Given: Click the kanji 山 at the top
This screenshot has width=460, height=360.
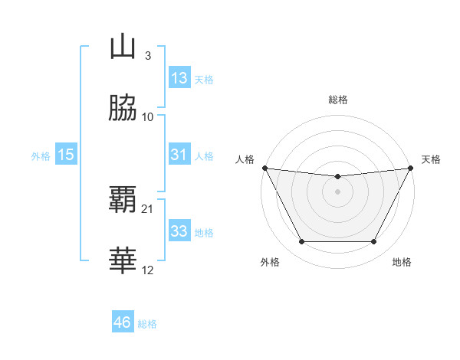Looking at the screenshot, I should [123, 47].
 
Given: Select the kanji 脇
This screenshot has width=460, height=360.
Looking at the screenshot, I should [123, 109].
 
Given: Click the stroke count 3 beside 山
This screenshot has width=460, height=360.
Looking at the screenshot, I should [147, 55].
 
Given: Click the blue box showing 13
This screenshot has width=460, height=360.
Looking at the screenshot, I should [179, 78].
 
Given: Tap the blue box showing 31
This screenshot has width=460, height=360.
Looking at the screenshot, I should [179, 155].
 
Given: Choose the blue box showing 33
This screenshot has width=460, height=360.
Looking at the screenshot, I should [179, 231].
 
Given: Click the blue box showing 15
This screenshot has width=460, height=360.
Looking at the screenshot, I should [66, 155].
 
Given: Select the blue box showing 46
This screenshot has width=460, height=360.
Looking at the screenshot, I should [123, 323].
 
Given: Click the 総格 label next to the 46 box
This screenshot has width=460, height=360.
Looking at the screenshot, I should [147, 324].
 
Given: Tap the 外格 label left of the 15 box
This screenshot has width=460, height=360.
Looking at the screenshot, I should [41, 155].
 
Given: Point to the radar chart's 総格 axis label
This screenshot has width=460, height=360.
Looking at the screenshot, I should [338, 100].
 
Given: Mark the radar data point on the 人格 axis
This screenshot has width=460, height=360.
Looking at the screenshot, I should [264, 168].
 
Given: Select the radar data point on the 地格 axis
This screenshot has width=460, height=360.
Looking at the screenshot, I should [373, 242].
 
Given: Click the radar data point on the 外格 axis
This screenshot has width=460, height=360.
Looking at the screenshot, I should [301, 242].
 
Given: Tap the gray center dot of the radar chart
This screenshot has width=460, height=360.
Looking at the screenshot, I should [338, 191].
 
